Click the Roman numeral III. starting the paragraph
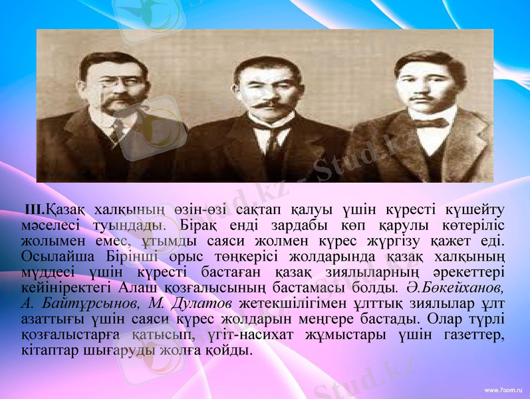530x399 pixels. [35, 209]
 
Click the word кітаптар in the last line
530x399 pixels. [47, 350]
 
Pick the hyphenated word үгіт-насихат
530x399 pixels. [232, 334]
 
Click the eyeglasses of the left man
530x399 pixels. [114, 85]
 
